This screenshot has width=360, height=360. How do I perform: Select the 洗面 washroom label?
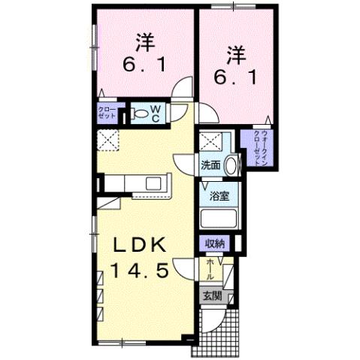tap(210, 165)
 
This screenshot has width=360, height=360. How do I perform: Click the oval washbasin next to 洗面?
tap(231, 165)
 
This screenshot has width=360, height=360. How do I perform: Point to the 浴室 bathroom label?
tap(219, 197)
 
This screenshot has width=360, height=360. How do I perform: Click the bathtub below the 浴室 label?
tap(219, 220)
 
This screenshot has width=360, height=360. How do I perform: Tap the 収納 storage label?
tap(216, 243)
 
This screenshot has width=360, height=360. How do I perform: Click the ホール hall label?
tap(210, 268)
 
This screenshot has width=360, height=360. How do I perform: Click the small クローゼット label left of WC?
tap(106, 114)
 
